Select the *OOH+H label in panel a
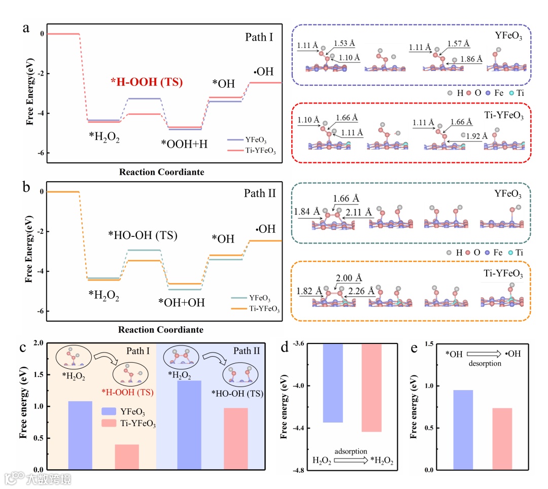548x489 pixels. pos(185,144)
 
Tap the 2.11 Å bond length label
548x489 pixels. pos(359,211)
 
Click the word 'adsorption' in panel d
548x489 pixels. pos(351,450)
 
